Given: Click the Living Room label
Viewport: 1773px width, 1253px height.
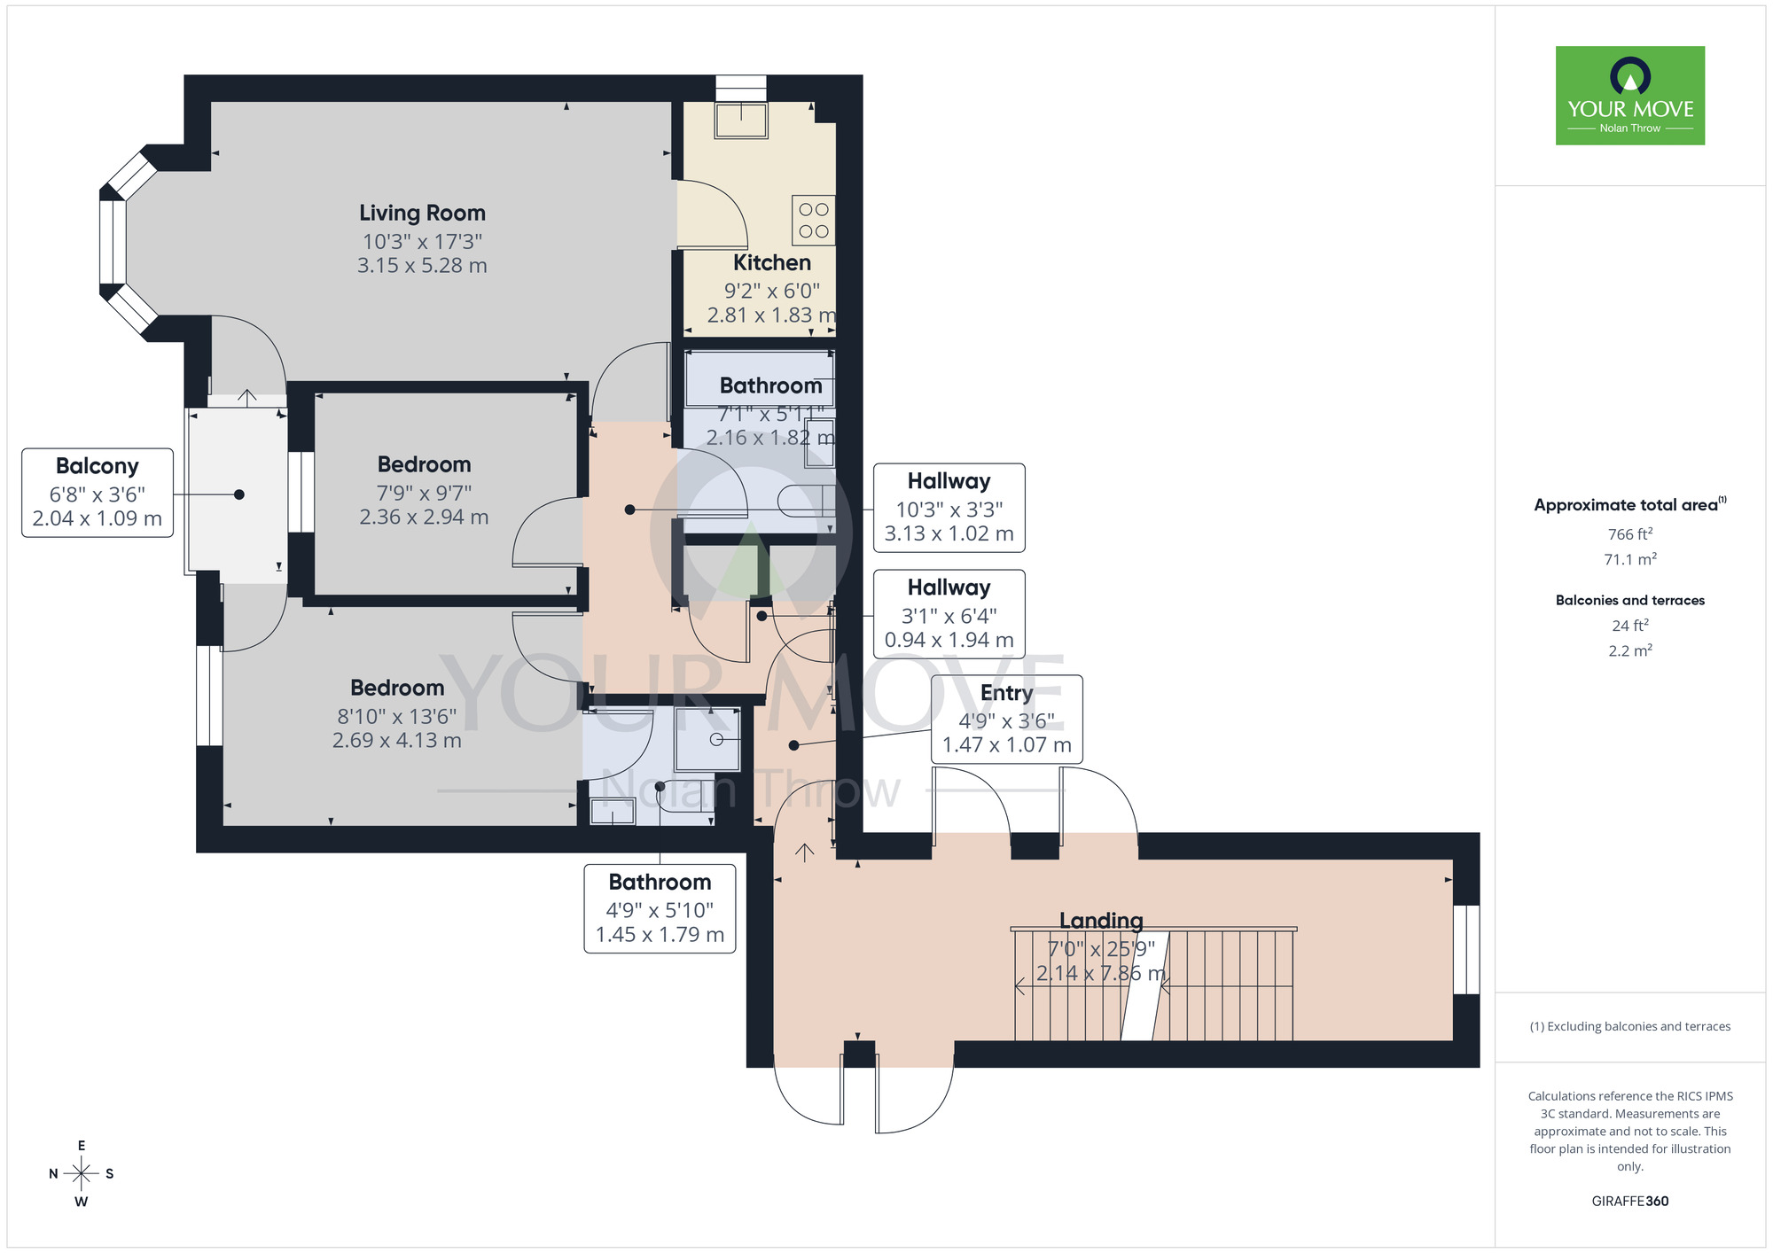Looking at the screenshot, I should pos(422,214).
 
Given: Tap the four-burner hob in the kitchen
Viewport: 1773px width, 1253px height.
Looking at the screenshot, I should pos(813,220).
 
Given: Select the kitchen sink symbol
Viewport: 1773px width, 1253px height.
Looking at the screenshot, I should pos(741,121).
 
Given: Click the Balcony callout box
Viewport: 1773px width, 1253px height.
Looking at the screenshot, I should pos(98,492).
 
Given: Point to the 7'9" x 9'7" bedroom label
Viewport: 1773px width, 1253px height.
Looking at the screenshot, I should pos(424,465).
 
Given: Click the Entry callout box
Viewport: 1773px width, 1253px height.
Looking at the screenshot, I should pos(1006,719).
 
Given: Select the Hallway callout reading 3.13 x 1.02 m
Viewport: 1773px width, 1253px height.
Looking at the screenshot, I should pos(949,508).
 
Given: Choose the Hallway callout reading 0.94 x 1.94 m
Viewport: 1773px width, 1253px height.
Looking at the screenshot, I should pos(949,614).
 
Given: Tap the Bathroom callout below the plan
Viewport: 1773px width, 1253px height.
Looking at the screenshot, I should pos(660,908).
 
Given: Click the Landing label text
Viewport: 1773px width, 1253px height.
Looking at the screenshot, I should pos(1101,921).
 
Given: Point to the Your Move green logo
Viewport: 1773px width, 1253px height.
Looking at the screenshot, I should pos(1629,96).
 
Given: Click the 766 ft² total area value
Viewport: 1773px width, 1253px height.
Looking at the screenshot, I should pos(1629,534).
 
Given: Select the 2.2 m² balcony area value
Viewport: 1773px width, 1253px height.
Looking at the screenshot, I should pos(1629,650).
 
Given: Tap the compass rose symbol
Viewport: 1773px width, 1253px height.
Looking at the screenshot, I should pos(81,1174).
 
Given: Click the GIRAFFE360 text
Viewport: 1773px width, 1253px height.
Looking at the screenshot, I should pos(1629,1202).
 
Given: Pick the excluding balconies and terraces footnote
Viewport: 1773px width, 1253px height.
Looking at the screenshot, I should pos(1629,1026).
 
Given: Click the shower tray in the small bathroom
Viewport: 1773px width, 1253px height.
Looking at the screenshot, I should pos(707,739).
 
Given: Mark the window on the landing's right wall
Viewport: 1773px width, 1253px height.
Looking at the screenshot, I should pos(1466,949).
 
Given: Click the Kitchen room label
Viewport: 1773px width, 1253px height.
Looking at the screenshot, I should pos(771,263).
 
